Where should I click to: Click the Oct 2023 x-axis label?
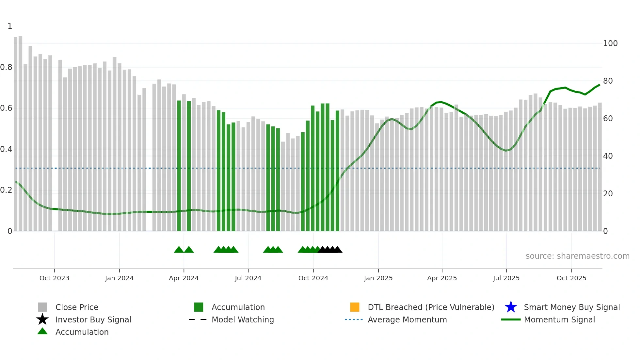[x=54, y=278]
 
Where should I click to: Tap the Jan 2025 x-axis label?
[x=378, y=278]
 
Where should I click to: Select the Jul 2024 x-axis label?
[x=248, y=278]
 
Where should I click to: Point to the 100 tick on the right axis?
[x=610, y=43]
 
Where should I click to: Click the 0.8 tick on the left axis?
[x=6, y=67]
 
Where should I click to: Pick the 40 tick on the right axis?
[x=608, y=156]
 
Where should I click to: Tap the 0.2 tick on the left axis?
[x=6, y=190]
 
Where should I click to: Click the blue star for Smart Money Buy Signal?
[x=511, y=307]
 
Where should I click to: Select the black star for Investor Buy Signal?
[x=42, y=319]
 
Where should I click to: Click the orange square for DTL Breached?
[x=355, y=307]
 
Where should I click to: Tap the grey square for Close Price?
[x=42, y=307]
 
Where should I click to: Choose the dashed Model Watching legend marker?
[x=198, y=319]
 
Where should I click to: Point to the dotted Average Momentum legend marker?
[x=354, y=319]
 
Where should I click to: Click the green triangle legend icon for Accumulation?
[x=42, y=331]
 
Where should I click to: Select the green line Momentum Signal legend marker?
[x=511, y=319]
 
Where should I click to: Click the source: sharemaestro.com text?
[x=577, y=256]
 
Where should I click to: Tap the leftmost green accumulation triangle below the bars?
[x=179, y=250]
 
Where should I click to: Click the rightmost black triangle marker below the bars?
[x=338, y=250]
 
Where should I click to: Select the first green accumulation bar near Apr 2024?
[x=179, y=163]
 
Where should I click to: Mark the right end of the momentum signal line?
[x=600, y=85]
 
